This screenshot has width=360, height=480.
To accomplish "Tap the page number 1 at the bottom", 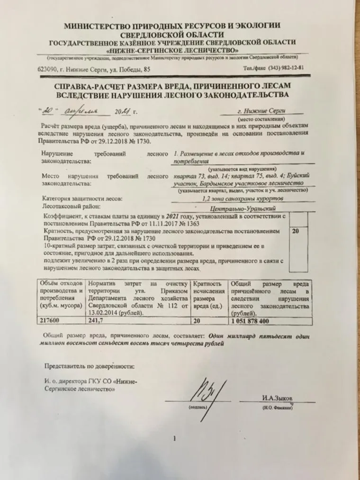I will click(x=175, y=439).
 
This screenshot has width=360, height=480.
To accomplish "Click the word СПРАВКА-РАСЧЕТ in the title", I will click(x=95, y=85).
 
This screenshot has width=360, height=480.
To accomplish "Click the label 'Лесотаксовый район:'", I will click(x=72, y=207).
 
